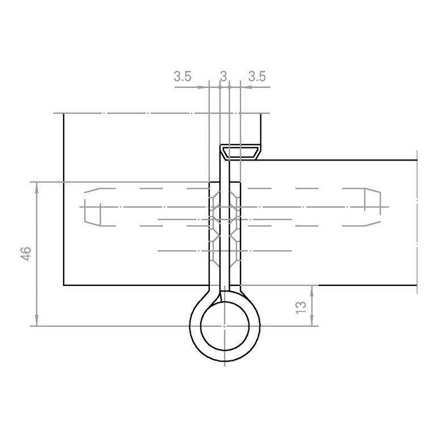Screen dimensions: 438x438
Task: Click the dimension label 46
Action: click(x=26, y=254)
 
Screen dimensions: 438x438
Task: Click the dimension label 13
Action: click(x=301, y=308)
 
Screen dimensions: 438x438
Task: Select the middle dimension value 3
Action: click(x=224, y=77)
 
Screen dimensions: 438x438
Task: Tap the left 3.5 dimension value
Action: click(x=183, y=77)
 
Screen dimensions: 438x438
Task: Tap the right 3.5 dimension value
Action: click(x=257, y=77)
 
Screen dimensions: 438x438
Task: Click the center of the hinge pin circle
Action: click(x=225, y=326)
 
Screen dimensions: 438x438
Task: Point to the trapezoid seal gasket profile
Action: click(x=240, y=152)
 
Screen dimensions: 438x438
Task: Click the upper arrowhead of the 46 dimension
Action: click(x=36, y=188)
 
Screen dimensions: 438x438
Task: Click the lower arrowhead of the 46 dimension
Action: click(x=36, y=321)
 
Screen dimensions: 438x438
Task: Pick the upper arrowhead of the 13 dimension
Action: click(x=311, y=291)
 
